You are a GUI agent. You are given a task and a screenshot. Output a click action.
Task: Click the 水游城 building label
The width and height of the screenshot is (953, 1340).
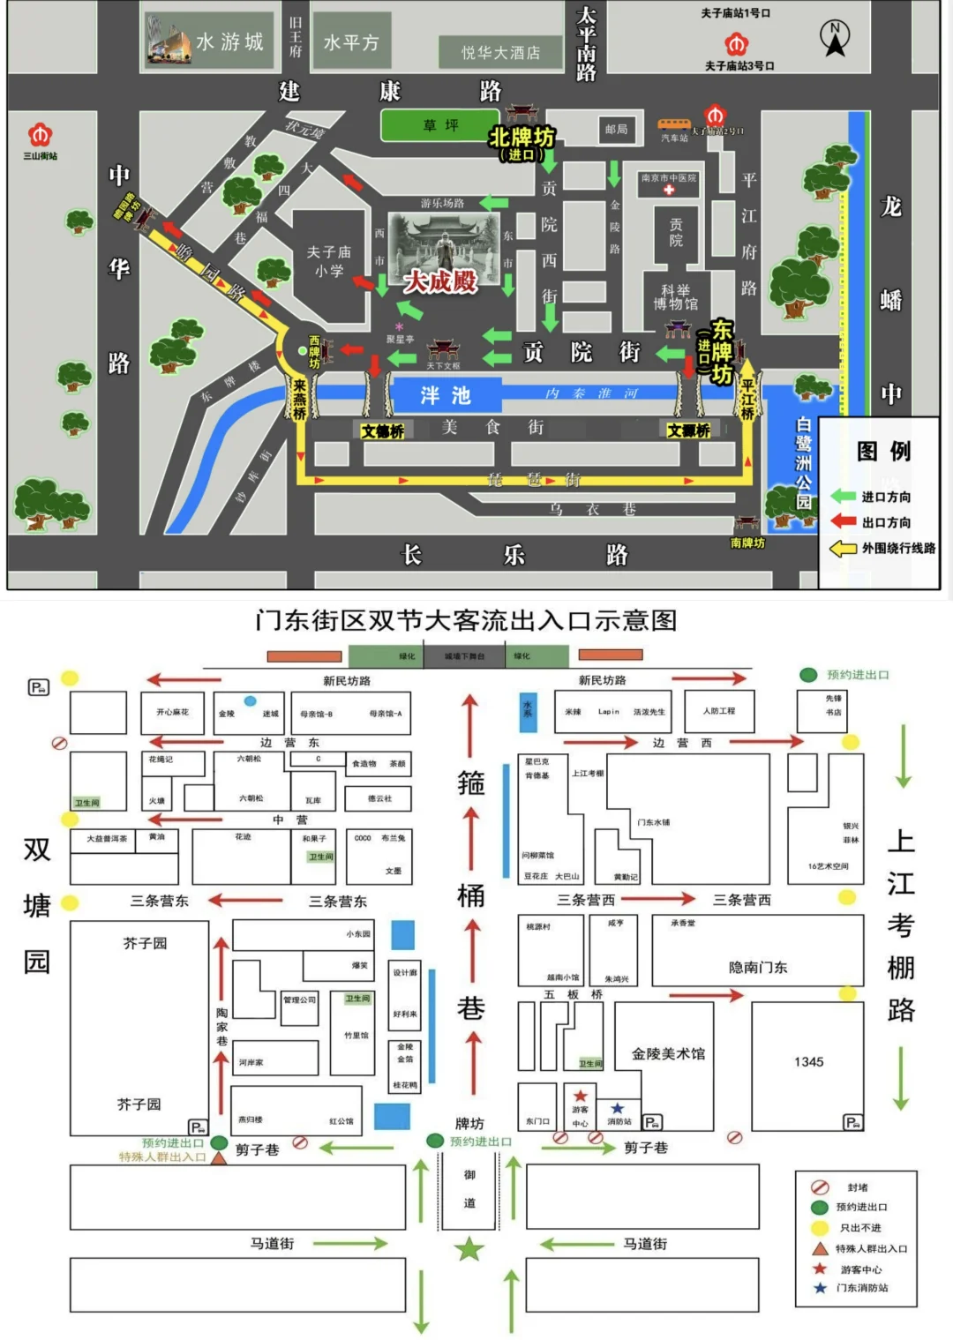229,42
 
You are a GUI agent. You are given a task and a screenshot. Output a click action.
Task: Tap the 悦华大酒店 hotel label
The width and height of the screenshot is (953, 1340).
500,53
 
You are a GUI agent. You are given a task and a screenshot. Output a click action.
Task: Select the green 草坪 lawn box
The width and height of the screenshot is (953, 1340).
440,125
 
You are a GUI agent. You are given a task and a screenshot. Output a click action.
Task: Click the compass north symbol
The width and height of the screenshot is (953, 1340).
834,38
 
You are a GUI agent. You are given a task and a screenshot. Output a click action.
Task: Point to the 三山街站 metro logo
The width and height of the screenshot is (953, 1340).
40,135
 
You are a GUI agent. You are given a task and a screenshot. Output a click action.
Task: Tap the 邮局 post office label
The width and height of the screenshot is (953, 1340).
616,130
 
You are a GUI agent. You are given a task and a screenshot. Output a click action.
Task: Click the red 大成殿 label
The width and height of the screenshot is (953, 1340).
440,281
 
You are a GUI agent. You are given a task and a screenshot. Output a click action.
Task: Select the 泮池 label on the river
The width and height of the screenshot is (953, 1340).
446,395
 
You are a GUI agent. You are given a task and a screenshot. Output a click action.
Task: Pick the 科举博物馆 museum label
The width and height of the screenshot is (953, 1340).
675,296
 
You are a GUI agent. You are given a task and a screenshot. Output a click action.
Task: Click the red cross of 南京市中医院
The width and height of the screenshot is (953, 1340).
669,190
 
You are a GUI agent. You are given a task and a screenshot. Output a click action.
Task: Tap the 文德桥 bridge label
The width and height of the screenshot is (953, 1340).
383,431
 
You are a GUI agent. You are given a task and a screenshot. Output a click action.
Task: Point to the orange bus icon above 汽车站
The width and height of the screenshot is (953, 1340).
674,125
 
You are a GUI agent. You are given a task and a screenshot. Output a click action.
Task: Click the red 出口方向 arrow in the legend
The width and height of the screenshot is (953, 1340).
844,521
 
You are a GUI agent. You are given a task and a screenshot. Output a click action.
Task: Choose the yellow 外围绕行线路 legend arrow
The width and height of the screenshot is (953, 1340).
844,548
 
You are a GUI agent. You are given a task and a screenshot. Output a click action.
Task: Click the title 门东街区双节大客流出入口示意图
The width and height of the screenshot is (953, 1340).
466,620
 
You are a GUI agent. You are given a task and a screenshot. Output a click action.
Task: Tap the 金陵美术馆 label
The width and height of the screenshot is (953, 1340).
668,1053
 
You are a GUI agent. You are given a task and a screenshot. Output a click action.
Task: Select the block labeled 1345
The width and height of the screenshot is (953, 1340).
808,1062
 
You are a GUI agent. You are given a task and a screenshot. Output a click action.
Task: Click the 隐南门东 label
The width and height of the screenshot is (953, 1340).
757,967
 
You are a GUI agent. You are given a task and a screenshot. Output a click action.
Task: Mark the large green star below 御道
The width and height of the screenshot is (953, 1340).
469,1249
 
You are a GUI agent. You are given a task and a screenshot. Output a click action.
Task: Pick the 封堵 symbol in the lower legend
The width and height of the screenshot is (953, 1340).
820,1187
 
